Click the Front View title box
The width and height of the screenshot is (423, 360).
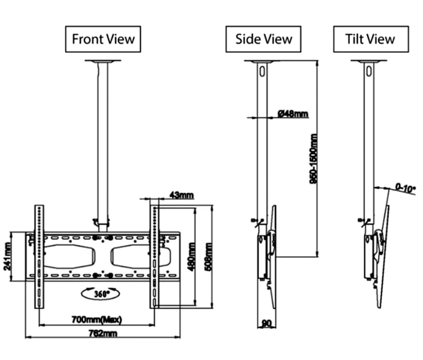(x=103, y=39)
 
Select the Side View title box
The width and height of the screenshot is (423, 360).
(x=263, y=39)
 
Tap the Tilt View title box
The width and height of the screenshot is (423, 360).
(x=371, y=39)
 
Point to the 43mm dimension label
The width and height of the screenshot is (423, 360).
(x=181, y=195)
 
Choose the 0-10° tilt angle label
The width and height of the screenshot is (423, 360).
(x=405, y=188)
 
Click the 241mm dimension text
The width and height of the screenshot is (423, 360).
(x=7, y=256)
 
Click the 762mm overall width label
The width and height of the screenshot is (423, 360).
(x=103, y=333)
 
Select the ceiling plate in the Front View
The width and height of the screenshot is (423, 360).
(x=103, y=62)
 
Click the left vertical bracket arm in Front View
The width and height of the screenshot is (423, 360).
(x=39, y=256)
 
